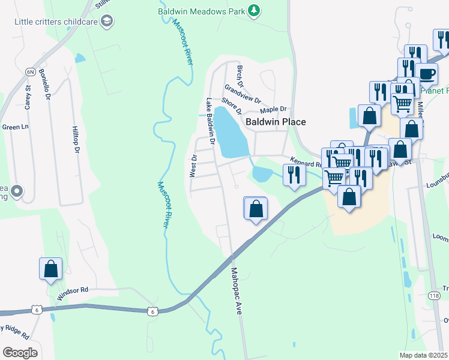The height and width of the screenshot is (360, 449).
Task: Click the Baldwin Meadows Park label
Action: coord(202,11)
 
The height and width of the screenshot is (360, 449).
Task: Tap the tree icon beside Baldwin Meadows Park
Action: coord(255,10)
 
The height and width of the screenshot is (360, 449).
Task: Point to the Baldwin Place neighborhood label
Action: coord(276,122)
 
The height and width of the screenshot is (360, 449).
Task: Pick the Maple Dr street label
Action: coord(274,110)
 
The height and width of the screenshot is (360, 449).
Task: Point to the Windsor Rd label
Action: coord(73,293)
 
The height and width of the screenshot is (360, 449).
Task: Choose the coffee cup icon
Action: coord(426,74)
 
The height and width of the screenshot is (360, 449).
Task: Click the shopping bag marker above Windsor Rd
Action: coord(51,269)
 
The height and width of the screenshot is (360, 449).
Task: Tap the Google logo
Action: coord(20,352)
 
